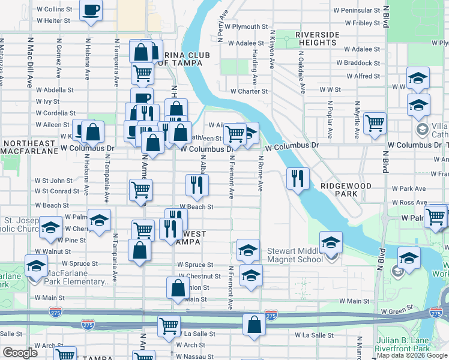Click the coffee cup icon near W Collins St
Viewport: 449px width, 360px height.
click(x=91, y=10)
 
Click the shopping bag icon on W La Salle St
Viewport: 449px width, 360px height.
click(x=255, y=325)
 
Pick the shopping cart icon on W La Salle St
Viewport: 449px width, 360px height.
click(x=169, y=326)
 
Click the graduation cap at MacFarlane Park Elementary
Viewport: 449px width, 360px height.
click(x=37, y=265)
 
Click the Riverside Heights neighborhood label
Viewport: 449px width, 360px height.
click(x=325, y=39)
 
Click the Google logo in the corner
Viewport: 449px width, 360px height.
click(x=20, y=353)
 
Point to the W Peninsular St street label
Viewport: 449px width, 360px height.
click(x=359, y=10)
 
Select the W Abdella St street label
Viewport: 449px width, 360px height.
click(x=54, y=90)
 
